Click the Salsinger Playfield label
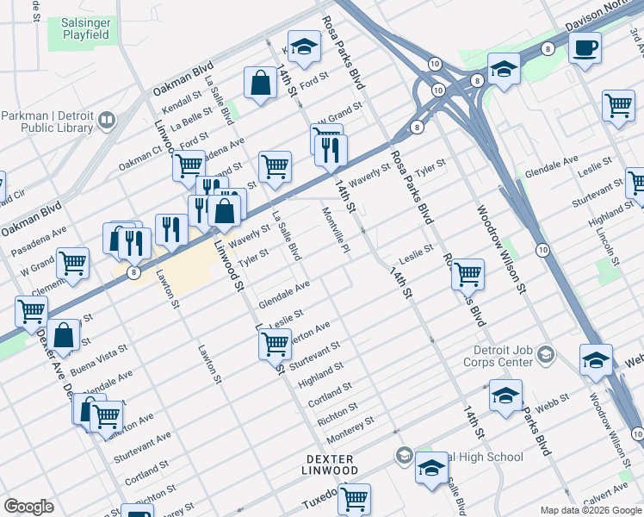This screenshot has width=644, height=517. [85, 27]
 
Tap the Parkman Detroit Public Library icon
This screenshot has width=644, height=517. [107, 120]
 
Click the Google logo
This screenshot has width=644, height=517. [28, 507]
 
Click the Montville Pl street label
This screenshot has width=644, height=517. [335, 231]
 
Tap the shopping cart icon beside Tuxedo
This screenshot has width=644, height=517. [354, 497]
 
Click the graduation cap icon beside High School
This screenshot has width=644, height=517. [431, 468]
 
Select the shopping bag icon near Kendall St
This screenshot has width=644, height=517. [260, 83]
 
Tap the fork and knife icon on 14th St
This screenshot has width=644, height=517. [331, 151]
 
